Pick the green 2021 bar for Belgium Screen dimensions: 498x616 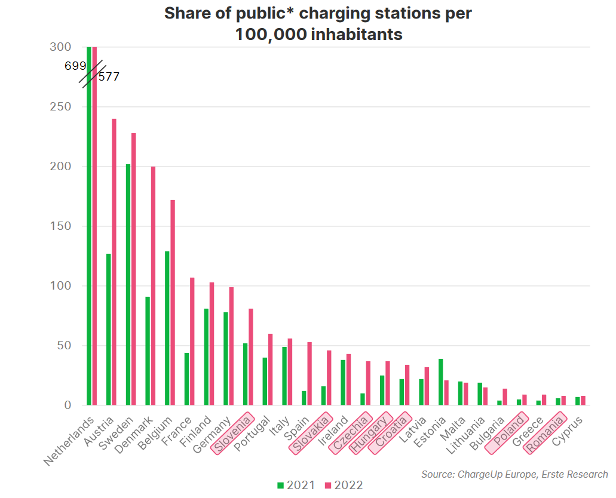point(167,328)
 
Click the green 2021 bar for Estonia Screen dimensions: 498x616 point(441,382)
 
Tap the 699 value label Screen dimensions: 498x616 point(75,66)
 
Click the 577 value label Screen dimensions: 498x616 point(109,77)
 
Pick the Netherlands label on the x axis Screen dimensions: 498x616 point(71,441)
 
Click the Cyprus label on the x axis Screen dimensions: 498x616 point(567,431)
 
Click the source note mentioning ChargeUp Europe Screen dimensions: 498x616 point(514,475)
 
